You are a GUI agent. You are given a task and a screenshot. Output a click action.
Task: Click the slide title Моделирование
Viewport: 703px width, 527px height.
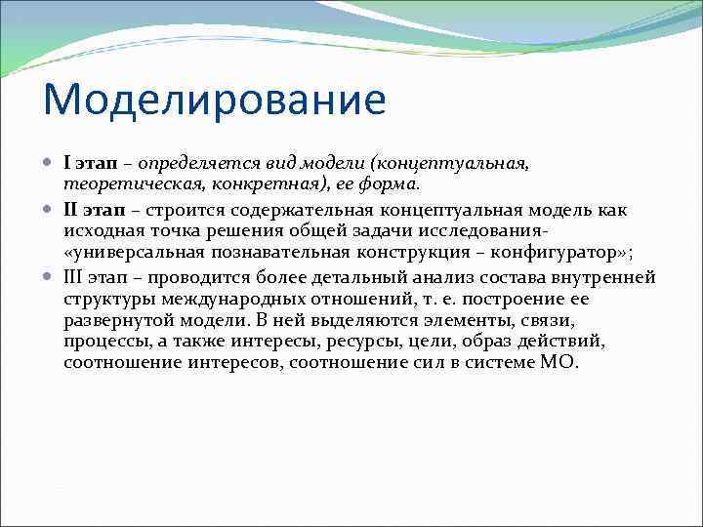214,100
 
